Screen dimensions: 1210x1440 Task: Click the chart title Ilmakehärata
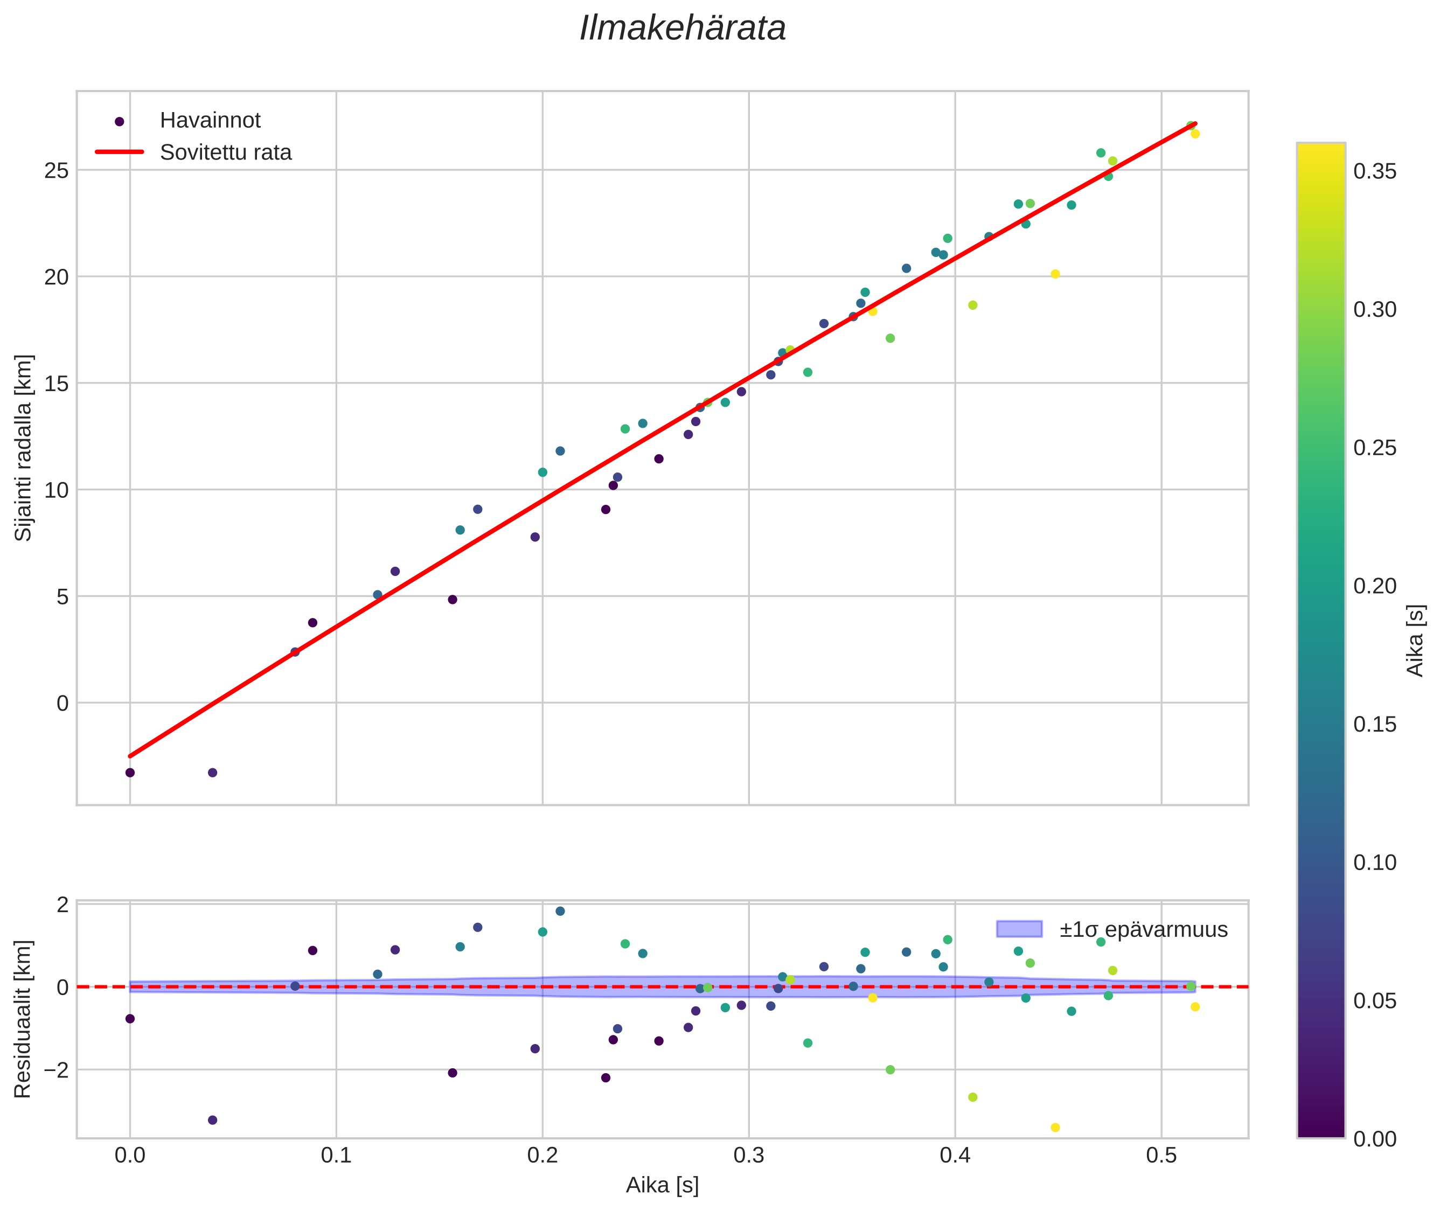click(682, 29)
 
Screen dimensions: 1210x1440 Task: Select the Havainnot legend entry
click(210, 121)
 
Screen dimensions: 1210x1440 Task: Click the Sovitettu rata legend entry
click(226, 152)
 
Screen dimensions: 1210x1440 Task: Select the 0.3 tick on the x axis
click(748, 1156)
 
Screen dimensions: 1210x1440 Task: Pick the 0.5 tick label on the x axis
click(1161, 1156)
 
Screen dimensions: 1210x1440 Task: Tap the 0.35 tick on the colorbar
click(1375, 171)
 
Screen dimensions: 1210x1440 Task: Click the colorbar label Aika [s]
click(1416, 640)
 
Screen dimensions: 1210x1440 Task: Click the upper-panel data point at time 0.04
click(213, 773)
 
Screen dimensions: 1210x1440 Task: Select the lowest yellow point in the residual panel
click(1055, 1128)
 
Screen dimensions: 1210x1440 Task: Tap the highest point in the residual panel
click(560, 912)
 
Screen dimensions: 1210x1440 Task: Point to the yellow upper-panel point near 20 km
click(1055, 274)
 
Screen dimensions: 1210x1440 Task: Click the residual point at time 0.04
click(213, 1120)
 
